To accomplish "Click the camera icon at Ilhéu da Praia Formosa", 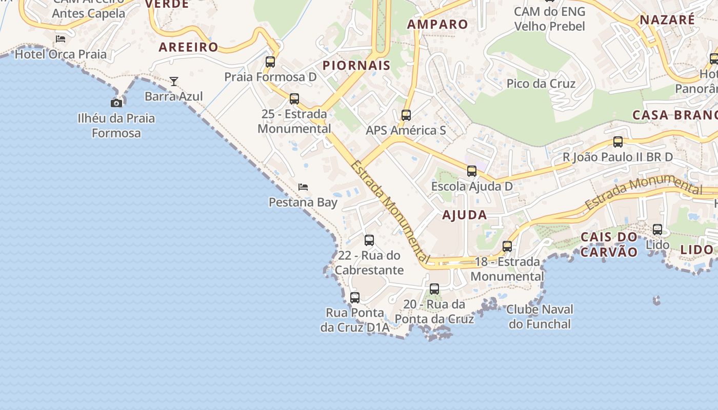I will click(x=116, y=103).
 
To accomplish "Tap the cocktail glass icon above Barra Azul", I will click(x=174, y=81).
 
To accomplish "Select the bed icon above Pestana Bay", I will click(x=303, y=187).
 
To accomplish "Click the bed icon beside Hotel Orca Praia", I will click(x=61, y=38).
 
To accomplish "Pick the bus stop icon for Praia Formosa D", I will click(x=270, y=62).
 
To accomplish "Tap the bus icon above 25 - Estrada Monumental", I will click(x=294, y=99).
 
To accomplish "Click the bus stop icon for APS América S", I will click(x=406, y=115).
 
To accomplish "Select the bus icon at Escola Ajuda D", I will click(x=471, y=171).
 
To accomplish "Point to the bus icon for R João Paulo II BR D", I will click(x=618, y=142).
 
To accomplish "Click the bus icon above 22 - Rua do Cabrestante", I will click(x=369, y=240).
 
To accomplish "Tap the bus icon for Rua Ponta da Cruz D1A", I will click(x=354, y=297).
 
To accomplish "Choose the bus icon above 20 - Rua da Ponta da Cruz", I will click(x=434, y=289).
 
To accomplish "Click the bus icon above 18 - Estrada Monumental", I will click(x=507, y=247).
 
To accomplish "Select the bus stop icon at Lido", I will click(x=657, y=230).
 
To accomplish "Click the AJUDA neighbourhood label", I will click(x=464, y=215).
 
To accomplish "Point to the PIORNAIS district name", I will click(x=356, y=66).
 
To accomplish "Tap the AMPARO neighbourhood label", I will click(x=437, y=24).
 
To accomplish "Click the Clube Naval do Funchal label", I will click(x=540, y=317).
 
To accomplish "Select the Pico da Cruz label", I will click(x=541, y=84).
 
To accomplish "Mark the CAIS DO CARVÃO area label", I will click(x=609, y=244).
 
